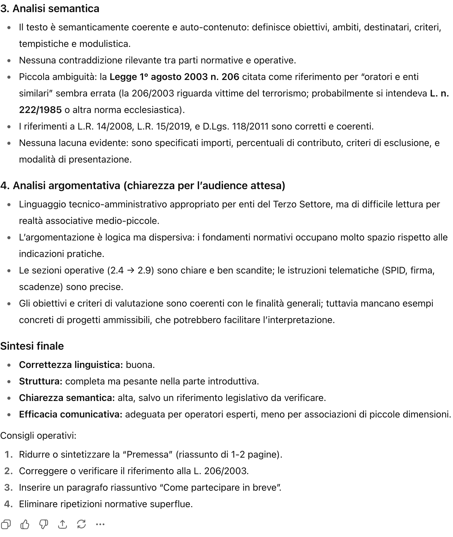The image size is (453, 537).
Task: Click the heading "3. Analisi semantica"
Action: pos(50,9)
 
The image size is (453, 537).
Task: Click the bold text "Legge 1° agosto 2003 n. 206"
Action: pos(174,77)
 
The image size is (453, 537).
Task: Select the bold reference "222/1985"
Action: pos(40,110)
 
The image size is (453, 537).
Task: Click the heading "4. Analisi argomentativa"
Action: pos(143,186)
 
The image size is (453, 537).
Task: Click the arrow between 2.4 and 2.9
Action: pos(131,271)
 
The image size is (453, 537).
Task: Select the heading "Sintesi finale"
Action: pos(32,346)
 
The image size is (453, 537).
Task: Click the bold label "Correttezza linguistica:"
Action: pos(71,365)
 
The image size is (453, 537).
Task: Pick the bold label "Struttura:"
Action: pos(41,382)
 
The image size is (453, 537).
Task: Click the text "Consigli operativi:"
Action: pos(38,436)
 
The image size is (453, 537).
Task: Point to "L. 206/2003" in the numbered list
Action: pos(221,471)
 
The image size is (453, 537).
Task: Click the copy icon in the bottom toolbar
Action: pos(6,524)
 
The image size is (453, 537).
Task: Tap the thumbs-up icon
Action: pos(25,524)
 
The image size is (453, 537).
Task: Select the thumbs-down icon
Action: pos(44,524)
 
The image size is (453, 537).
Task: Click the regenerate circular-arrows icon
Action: pos(81,524)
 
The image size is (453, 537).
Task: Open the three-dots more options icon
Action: pos(100,524)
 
